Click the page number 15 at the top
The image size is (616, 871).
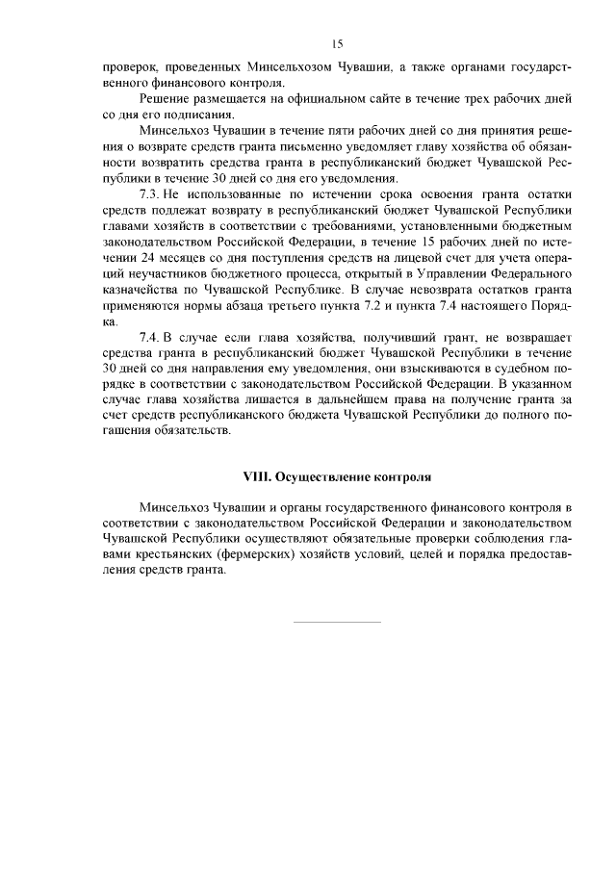[x=337, y=43]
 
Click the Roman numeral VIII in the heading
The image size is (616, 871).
[x=254, y=476]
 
